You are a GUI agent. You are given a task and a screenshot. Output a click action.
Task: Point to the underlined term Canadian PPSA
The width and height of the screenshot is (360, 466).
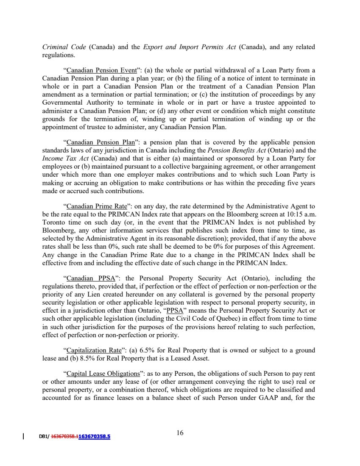tap(89, 278)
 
